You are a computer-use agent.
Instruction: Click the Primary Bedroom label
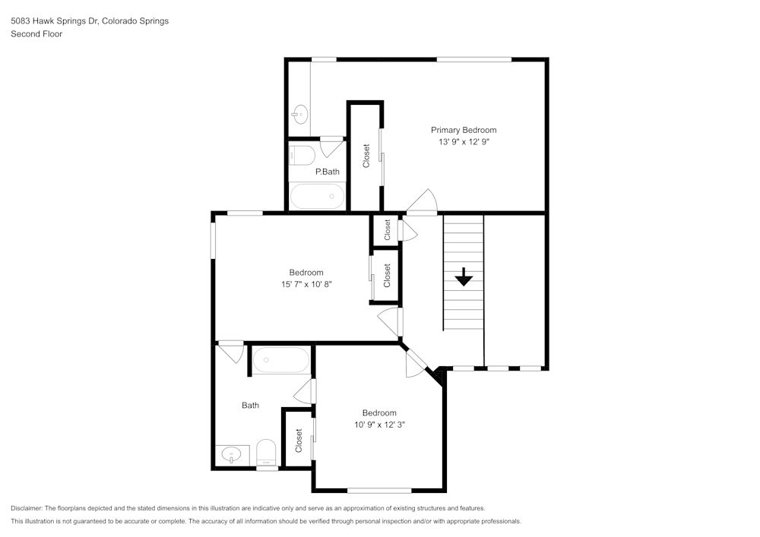[464, 130]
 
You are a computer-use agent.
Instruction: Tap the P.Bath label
[327, 172]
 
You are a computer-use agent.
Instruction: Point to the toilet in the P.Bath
[302, 156]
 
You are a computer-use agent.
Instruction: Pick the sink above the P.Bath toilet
[299, 115]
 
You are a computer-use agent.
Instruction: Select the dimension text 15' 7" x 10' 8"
[306, 284]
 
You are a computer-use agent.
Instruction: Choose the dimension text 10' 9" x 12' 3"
[379, 425]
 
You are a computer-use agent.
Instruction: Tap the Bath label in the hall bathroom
[250, 406]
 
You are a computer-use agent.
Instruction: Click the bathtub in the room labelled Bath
[280, 359]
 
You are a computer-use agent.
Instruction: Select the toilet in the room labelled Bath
[266, 453]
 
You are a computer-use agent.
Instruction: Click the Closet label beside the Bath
[299, 440]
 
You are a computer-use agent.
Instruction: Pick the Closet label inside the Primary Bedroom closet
[366, 156]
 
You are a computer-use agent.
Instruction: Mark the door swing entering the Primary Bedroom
[423, 201]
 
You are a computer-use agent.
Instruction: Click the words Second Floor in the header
[36, 34]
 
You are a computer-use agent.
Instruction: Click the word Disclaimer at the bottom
[27, 508]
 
